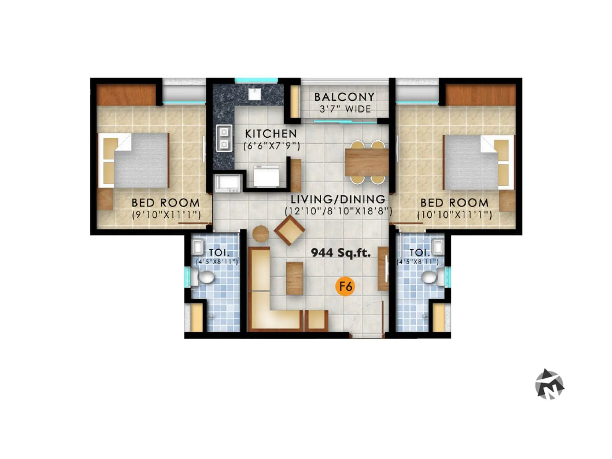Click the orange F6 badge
point(345,286)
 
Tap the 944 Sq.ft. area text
point(340,252)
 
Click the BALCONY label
point(344,97)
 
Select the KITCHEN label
point(271,133)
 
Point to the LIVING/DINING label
point(338,199)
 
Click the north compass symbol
point(550,384)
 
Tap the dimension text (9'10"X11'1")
point(166,215)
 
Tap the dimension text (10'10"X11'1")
point(454,215)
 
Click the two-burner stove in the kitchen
point(224,138)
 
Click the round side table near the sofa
point(261,233)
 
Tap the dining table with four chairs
point(366,162)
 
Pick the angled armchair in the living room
point(290,230)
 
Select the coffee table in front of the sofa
point(295,278)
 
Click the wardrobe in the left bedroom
point(126,95)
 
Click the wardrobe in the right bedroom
point(480,95)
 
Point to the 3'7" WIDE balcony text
point(345,109)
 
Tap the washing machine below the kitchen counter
point(228,183)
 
